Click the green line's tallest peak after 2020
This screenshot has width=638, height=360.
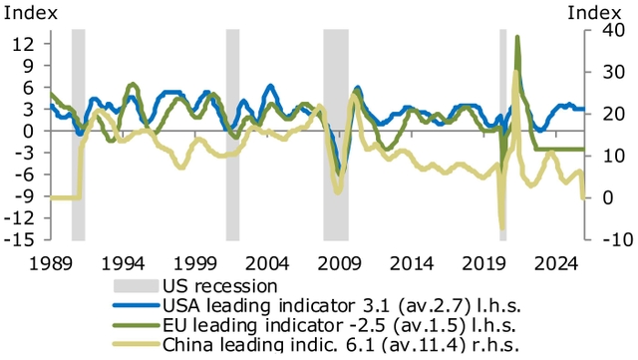517,37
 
